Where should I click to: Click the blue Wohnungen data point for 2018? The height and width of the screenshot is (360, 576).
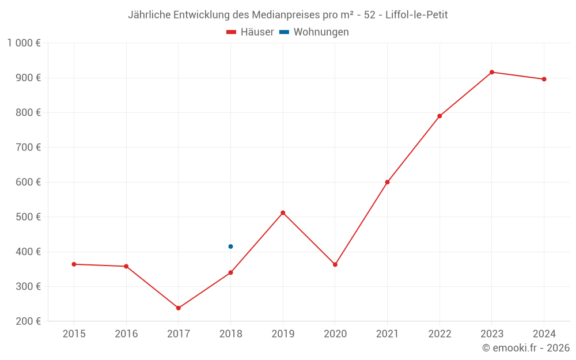[x=230, y=247]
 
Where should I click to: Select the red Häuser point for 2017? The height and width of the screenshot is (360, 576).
[x=179, y=308]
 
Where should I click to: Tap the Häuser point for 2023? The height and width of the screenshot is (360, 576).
[x=492, y=72]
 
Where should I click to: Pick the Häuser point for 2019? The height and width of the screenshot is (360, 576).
[x=283, y=213]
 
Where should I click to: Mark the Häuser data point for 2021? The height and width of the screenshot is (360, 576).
[x=387, y=182]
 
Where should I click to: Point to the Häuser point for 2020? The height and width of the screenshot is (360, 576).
[x=335, y=264]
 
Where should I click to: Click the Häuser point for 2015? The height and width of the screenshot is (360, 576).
[x=74, y=264]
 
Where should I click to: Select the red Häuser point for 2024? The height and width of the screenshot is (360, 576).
[x=544, y=79]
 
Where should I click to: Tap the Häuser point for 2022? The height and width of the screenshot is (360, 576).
[x=439, y=116]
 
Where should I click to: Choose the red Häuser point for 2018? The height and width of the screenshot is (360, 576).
[x=230, y=272]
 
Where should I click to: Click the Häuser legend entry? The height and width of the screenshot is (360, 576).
[x=250, y=32]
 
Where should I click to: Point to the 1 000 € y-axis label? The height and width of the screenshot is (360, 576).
[x=24, y=43]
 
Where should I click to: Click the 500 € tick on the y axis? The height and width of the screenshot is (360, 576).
[x=29, y=217]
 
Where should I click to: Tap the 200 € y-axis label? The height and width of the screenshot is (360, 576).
[x=29, y=321]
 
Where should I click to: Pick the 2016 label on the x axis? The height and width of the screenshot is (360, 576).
[x=126, y=334]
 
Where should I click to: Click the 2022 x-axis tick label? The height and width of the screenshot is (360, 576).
[x=439, y=334]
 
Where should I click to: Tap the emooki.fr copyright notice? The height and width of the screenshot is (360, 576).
[x=526, y=348]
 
